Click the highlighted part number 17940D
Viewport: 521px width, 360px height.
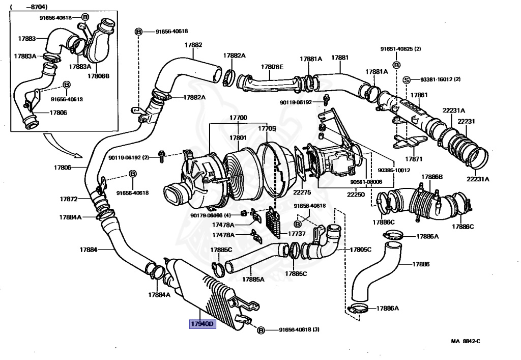(203, 324)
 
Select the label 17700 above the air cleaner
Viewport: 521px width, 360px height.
(238, 118)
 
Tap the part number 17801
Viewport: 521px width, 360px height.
(238, 138)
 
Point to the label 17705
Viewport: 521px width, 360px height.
(267, 128)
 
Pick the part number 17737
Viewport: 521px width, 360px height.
(297, 234)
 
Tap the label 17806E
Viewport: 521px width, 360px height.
(272, 67)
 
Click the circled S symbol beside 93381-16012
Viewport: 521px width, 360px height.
(407, 79)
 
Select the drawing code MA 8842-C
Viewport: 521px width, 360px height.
(465, 341)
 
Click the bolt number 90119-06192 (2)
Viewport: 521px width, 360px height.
(128, 158)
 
